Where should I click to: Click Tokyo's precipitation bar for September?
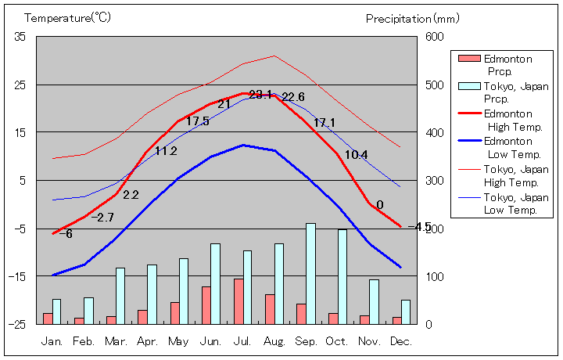tap(310, 273)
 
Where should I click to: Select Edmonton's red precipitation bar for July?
tap(238, 301)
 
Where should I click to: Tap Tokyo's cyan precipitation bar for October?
tap(342, 276)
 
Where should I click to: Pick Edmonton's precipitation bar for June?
tap(206, 305)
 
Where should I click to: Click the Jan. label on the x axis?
tap(52, 341)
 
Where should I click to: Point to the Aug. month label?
tap(274, 341)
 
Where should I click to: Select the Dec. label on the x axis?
tap(401, 341)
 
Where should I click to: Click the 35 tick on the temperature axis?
tap(20, 37)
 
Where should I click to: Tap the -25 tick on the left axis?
tap(17, 324)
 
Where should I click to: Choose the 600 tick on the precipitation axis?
tap(434, 37)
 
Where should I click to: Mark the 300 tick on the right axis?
tap(434, 181)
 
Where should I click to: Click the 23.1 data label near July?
tap(260, 95)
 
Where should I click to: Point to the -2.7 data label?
tap(102, 217)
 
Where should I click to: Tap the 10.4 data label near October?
tap(356, 155)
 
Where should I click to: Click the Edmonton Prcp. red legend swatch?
tap(469, 59)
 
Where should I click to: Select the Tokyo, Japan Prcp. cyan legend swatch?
tap(469, 86)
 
